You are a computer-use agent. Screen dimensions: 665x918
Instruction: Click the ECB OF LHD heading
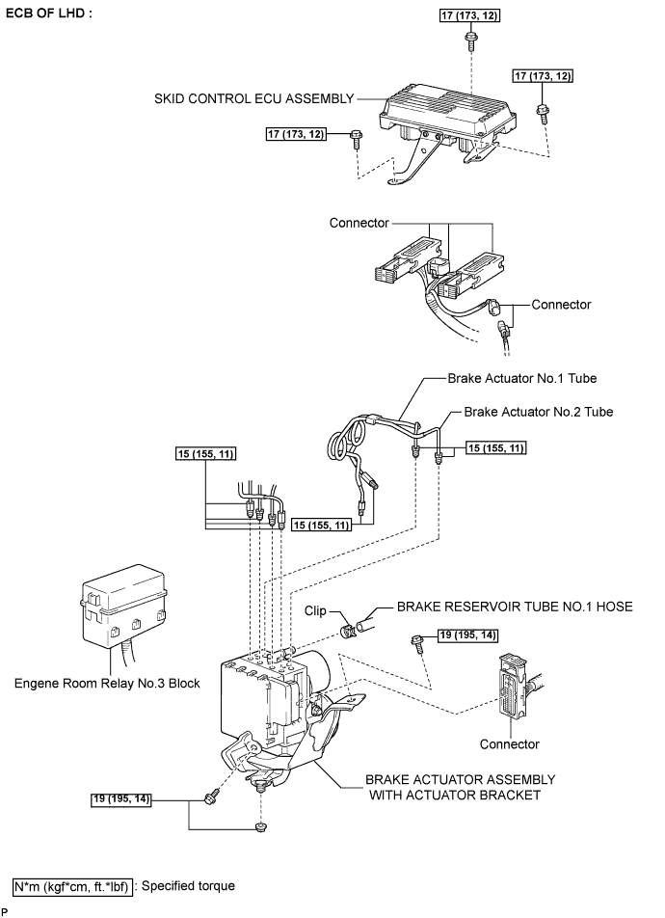(x=48, y=13)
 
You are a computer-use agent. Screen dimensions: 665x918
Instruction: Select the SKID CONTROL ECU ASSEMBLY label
(x=254, y=98)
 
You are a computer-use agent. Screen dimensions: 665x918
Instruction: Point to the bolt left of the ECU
(x=356, y=139)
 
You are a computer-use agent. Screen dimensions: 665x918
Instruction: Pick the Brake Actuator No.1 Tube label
(x=522, y=378)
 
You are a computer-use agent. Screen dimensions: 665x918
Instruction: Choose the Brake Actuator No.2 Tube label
(x=539, y=412)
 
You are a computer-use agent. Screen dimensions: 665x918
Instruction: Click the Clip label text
(x=315, y=610)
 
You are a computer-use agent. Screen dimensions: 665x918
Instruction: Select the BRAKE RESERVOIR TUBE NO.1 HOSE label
(x=515, y=607)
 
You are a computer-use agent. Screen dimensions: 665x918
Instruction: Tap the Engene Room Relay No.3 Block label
(x=107, y=684)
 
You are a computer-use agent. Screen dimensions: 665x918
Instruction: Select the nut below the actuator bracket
(x=258, y=826)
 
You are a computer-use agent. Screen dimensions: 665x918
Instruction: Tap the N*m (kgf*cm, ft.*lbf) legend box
(x=72, y=886)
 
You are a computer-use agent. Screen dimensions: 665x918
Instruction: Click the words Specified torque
(x=188, y=886)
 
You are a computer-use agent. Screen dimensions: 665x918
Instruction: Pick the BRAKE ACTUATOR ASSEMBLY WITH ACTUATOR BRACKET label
(x=460, y=788)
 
